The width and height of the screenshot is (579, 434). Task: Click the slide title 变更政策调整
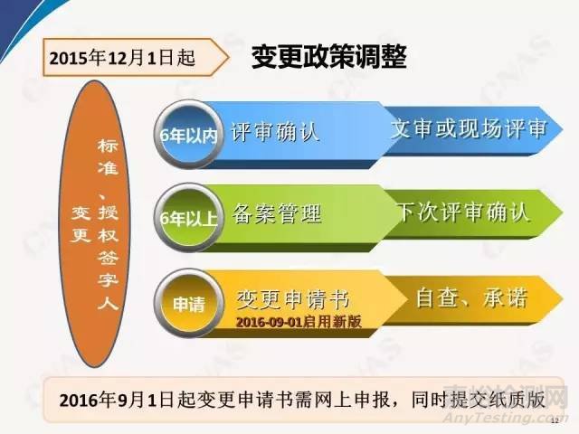[327, 57]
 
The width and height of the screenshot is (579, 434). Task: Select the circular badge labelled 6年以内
[188, 134]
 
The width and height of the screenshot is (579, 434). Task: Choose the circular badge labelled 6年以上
[188, 218]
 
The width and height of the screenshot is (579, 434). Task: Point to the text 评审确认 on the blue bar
[276, 132]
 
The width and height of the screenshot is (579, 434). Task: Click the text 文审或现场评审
[468, 129]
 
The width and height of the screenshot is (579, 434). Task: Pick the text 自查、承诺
[470, 296]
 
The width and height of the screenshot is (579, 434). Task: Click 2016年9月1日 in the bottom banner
[115, 398]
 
